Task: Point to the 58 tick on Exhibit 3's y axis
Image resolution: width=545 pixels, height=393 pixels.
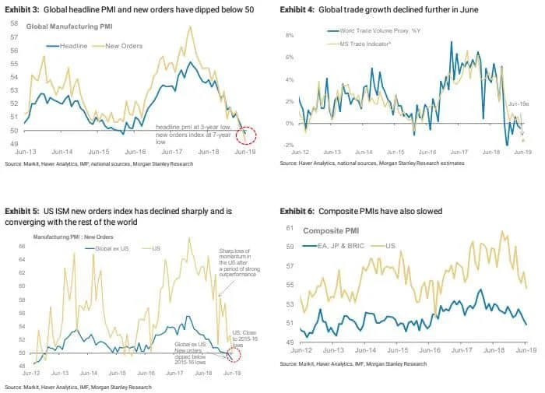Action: click(15, 24)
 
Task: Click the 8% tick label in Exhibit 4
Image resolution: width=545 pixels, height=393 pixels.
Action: click(287, 35)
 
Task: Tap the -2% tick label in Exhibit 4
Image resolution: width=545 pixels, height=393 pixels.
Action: click(287, 146)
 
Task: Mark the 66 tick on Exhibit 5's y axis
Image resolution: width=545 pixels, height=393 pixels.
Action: click(21, 246)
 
